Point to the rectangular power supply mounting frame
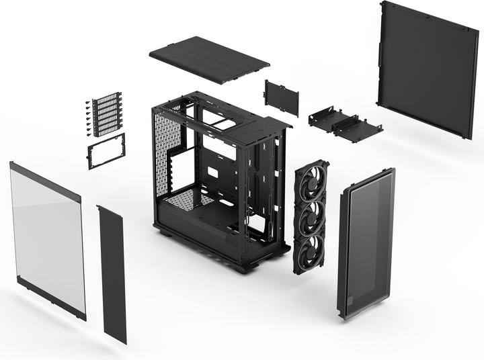pos(106,151)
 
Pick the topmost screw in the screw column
pos(87,103)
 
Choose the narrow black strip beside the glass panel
pos(112,272)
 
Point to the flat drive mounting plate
pos(282,98)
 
